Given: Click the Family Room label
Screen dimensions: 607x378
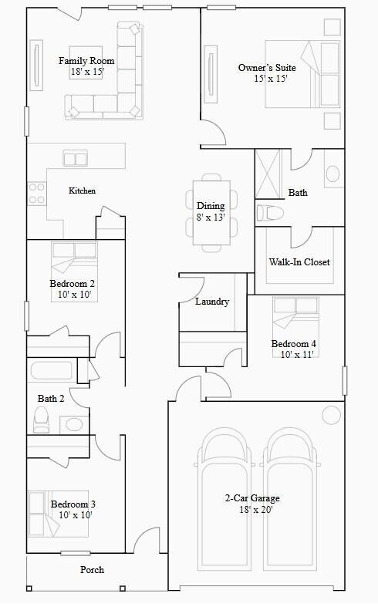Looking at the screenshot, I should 86,61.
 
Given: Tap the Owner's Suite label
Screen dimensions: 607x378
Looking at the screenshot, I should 267,68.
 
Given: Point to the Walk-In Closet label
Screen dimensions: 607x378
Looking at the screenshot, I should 299,262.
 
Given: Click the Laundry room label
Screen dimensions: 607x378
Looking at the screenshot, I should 212,302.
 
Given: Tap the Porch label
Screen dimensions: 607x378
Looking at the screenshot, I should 92,570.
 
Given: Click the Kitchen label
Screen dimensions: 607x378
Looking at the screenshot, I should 83,191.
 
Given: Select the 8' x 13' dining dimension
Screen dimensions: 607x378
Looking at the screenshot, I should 211,217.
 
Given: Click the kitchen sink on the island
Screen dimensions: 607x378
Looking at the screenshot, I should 75,159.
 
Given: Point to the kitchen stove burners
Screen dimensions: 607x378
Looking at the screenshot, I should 36,193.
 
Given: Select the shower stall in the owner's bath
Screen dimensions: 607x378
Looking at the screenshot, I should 268,167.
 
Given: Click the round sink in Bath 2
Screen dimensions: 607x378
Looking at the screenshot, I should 74,424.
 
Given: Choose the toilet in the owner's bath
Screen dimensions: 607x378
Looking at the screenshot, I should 271,212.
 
